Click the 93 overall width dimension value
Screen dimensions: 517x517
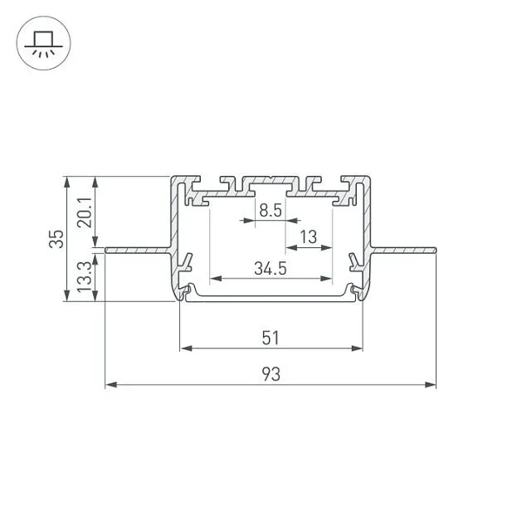click(271, 374)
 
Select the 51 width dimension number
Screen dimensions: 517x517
click(271, 338)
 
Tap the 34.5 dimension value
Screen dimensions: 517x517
click(271, 268)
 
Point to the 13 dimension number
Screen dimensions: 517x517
click(308, 237)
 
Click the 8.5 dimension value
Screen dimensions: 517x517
click(271, 210)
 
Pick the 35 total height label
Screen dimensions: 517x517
click(56, 239)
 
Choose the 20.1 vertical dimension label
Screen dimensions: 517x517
click(85, 212)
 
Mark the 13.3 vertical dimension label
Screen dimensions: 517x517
click(85, 276)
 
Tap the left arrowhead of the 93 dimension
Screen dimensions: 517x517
click(111, 384)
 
